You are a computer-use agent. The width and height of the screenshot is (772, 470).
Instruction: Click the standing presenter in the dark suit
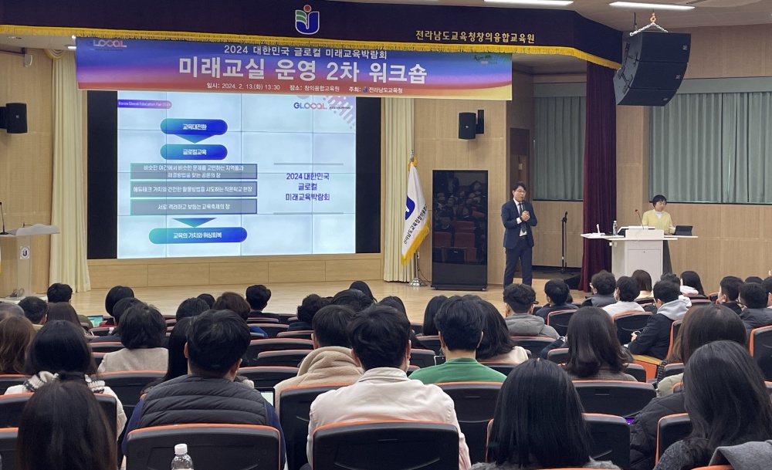518,232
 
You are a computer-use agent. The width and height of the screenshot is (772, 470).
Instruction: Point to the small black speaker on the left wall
15,118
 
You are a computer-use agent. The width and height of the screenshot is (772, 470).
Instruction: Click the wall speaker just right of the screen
468,125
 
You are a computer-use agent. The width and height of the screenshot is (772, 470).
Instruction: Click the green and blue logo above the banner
306,19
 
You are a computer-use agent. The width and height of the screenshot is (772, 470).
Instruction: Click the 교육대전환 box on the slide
194,127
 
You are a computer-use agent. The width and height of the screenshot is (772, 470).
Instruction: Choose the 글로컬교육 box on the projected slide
194,151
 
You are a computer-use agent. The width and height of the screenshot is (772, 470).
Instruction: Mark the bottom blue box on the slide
198,235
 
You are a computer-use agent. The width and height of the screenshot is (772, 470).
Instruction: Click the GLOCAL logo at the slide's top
310,106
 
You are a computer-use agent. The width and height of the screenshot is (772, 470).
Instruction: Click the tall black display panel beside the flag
459,228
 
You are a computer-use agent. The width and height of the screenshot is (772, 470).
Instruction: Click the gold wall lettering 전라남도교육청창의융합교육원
474,36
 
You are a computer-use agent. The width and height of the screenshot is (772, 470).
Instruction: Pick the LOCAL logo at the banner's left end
108,44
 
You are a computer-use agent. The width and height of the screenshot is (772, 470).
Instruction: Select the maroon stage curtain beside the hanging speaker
599,170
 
